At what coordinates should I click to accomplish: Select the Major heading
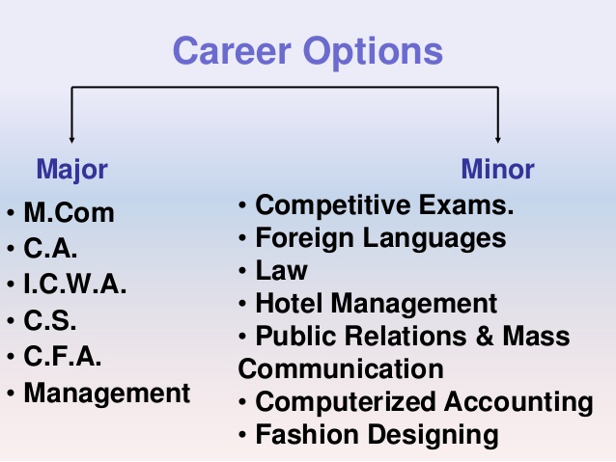click(x=71, y=171)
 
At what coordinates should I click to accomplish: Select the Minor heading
click(x=497, y=171)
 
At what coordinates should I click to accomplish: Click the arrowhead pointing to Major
click(x=71, y=138)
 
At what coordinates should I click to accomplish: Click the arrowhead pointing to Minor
click(x=497, y=138)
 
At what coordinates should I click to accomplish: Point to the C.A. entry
click(x=50, y=249)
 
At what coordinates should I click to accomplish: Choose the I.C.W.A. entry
click(x=74, y=285)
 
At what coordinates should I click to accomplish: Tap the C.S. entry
click(x=49, y=320)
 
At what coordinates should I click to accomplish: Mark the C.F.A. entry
click(x=63, y=356)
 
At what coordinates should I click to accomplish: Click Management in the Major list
click(x=107, y=393)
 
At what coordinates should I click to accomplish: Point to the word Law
click(x=281, y=270)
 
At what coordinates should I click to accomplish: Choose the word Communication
click(x=341, y=368)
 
